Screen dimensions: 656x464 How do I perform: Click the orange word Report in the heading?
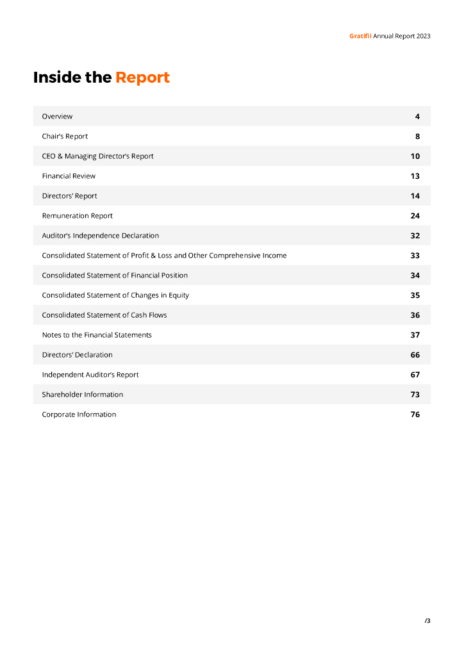click(142, 78)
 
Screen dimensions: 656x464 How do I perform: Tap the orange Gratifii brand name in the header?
click(360, 36)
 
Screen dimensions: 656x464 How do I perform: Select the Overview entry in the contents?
click(57, 117)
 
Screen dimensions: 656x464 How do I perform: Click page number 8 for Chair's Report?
click(417, 136)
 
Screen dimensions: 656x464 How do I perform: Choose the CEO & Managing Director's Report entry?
click(97, 156)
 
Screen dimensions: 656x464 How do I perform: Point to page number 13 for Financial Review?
click(415, 176)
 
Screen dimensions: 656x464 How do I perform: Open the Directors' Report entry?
click(69, 196)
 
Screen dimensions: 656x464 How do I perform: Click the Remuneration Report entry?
click(77, 216)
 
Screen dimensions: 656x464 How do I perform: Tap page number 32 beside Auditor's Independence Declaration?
click(415, 236)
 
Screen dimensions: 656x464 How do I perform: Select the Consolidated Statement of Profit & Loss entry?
click(164, 256)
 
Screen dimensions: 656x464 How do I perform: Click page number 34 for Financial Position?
click(415, 275)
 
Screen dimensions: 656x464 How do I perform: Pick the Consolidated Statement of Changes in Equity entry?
click(115, 295)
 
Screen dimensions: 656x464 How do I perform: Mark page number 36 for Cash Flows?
click(415, 315)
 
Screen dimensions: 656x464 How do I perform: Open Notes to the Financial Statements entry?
click(97, 335)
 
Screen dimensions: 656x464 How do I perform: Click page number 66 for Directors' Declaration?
click(415, 355)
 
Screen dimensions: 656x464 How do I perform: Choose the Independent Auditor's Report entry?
click(90, 375)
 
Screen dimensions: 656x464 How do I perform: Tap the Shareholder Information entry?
click(82, 395)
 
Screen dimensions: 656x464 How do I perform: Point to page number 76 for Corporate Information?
click(415, 414)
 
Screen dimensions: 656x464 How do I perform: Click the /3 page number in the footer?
click(427, 621)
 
